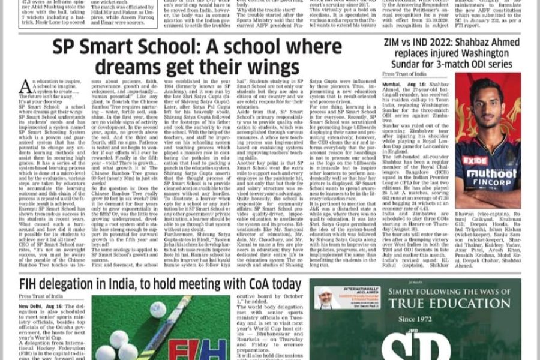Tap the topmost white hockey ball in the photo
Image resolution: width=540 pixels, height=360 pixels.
[157, 309]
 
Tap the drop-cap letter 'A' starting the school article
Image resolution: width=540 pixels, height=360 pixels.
[25, 87]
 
